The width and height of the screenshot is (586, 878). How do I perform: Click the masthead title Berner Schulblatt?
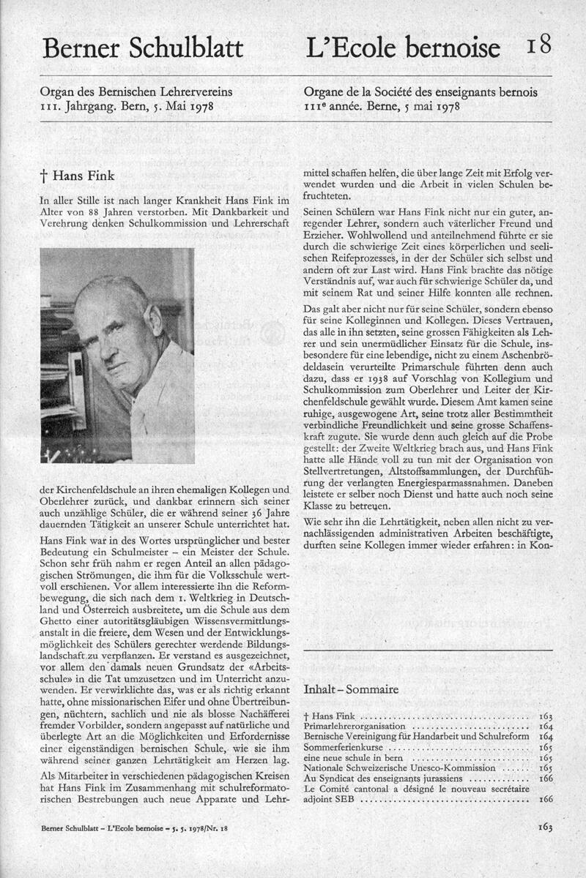142,48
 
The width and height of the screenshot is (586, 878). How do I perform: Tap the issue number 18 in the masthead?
538,45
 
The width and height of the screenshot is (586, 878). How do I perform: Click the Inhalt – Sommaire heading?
351,689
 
